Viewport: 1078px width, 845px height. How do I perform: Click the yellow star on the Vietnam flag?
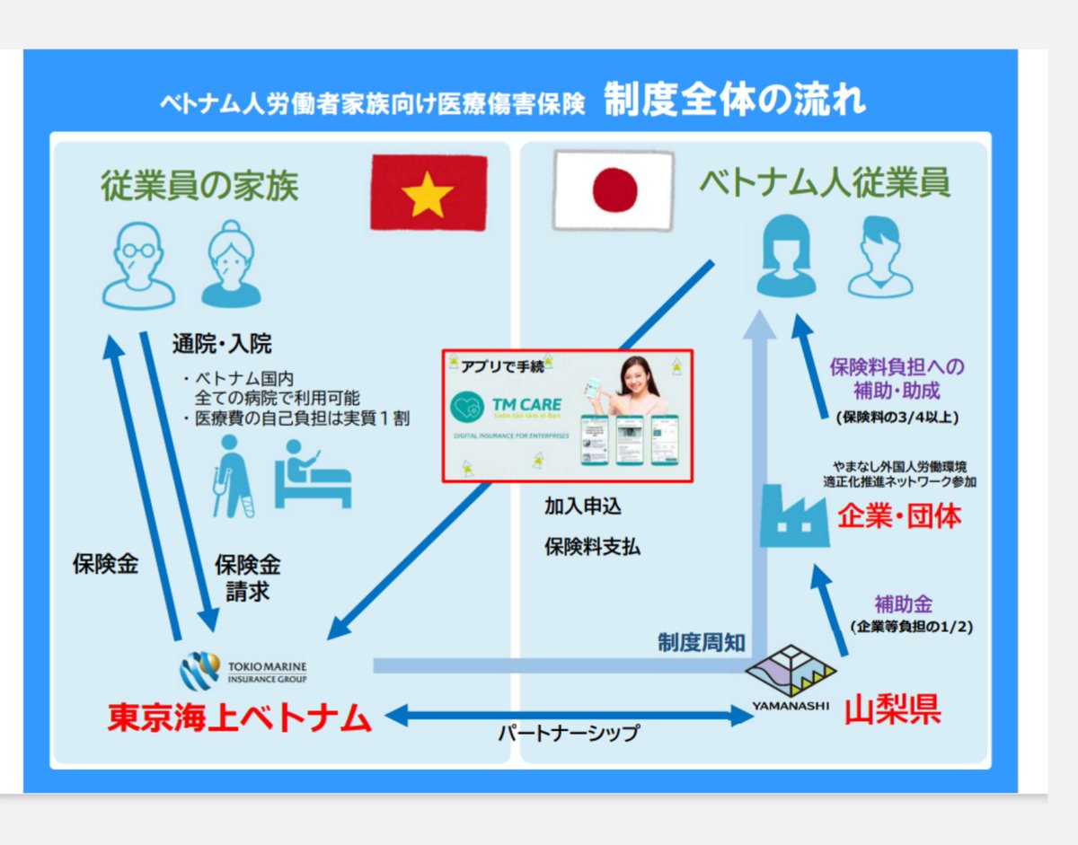coord(428,194)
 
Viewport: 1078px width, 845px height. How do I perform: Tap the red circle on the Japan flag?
coord(615,189)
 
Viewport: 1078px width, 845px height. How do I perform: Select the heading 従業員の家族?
coord(199,187)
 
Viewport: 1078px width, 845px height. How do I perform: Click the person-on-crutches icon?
coord(231,475)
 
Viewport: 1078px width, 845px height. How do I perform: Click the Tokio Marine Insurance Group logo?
coord(243,672)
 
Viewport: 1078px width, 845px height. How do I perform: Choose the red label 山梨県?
coord(892,710)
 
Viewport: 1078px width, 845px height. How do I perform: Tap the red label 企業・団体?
coord(899,516)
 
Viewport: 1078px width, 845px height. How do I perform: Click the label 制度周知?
coord(701,643)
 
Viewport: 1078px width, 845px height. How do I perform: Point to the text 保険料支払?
coord(592,546)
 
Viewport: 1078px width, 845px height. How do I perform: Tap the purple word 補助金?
coord(910,603)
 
